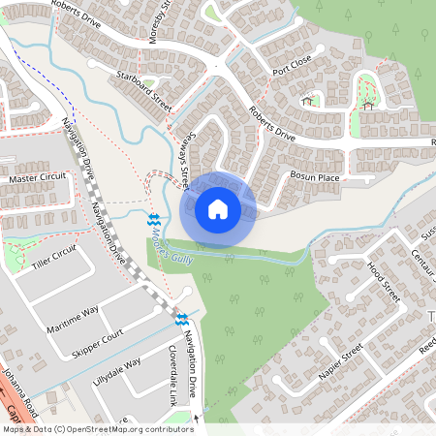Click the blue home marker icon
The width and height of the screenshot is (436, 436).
(x=218, y=208)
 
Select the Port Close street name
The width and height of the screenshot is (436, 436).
(x=292, y=65)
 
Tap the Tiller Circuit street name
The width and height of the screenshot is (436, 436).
(x=53, y=257)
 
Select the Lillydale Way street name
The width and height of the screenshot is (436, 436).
(x=116, y=367)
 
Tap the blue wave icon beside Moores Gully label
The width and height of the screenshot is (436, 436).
(x=153, y=220)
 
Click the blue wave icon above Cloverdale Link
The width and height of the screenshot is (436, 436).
(x=182, y=320)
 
